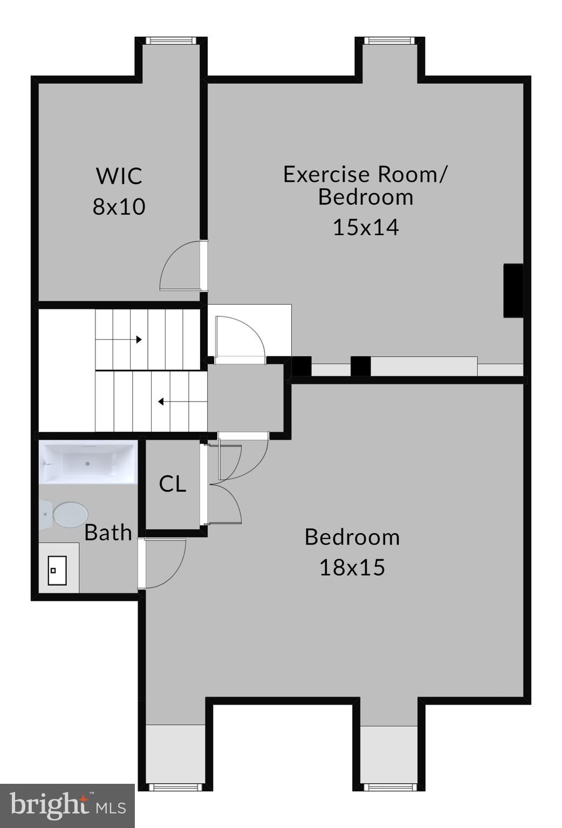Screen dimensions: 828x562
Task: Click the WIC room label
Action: point(119,176)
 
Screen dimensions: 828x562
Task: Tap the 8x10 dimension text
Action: point(119,206)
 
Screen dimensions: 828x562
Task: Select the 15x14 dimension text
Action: point(366,227)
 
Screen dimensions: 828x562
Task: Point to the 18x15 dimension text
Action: point(352,567)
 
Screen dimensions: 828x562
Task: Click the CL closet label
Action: point(173,484)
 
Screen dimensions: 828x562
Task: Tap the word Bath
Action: point(108,533)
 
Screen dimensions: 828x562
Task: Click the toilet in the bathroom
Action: point(65,514)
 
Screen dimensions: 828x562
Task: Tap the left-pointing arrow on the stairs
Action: point(161,402)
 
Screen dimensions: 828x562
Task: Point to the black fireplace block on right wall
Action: point(513,290)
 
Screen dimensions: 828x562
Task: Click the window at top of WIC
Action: point(171,40)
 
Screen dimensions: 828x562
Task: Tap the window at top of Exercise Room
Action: point(389,40)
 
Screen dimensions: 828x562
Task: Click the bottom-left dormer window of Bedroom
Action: point(175,787)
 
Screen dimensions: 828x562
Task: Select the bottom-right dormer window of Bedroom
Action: point(388,787)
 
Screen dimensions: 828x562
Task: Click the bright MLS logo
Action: point(67,806)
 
